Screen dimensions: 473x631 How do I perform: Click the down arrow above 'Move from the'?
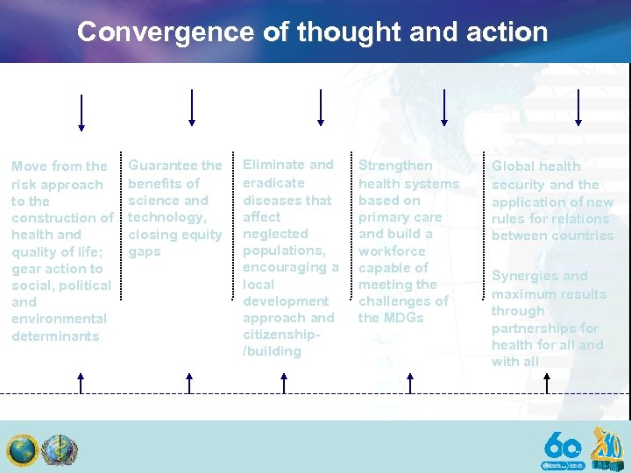pos(82,112)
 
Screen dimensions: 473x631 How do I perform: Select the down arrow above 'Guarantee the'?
pos(191,107)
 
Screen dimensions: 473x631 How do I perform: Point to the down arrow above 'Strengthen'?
pos(444,107)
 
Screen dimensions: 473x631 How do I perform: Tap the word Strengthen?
pos(395,165)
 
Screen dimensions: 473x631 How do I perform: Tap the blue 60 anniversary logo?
pos(562,451)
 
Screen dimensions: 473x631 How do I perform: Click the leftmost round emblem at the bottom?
pos(23,450)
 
